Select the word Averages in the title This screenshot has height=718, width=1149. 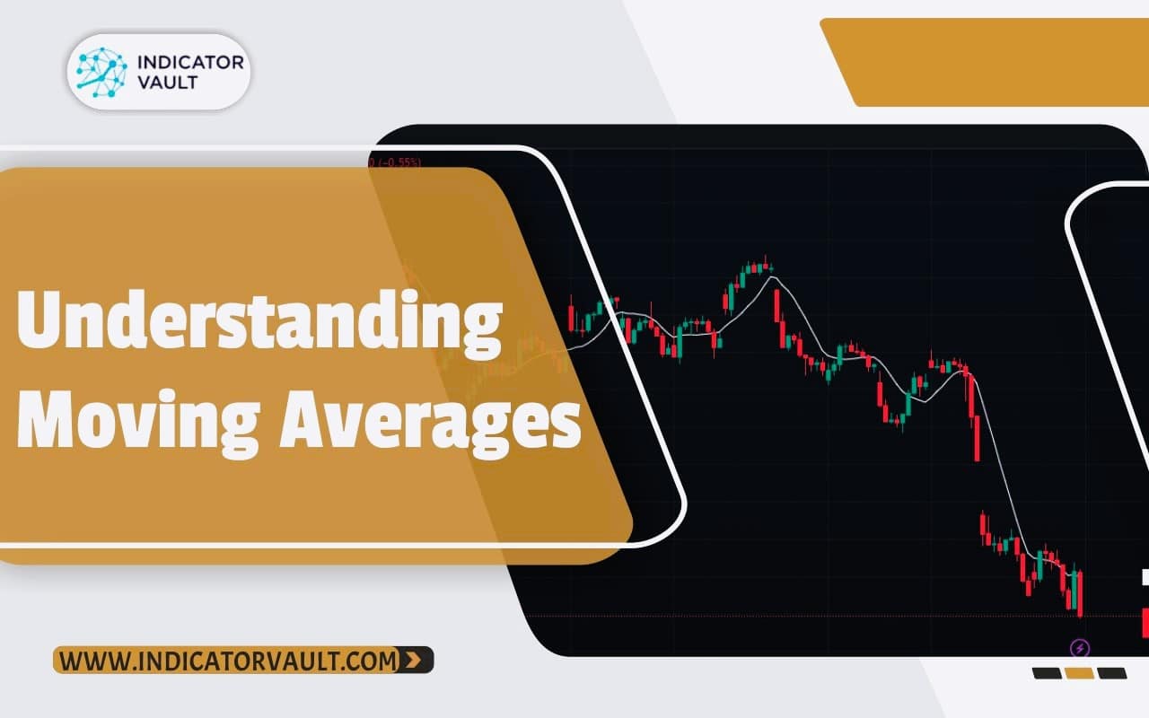tap(429, 421)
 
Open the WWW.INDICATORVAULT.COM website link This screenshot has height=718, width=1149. tap(230, 661)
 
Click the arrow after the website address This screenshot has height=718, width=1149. tap(413, 661)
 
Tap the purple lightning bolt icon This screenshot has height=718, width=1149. tap(1080, 647)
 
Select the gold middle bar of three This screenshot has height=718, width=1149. tap(1079, 673)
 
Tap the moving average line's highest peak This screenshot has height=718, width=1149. tap(770, 277)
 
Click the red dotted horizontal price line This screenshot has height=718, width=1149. tap(808, 616)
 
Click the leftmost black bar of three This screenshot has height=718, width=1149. tap(1047, 673)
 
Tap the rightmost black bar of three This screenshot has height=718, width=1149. tap(1112, 673)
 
